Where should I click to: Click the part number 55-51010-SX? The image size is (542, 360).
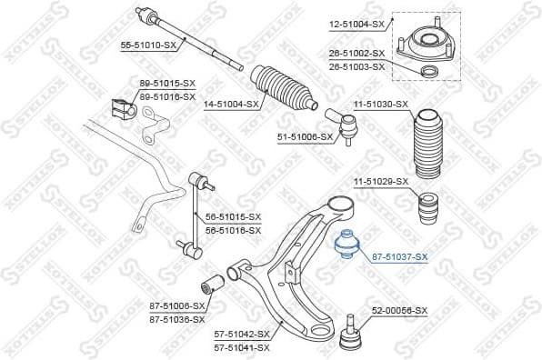pos(150,43)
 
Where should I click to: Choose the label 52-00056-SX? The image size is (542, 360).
pos(399,310)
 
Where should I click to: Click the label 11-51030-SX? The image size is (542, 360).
pos(379,105)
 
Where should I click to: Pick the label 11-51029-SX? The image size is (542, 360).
pos(379,182)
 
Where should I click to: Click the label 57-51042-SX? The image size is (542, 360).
pos(241,334)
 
